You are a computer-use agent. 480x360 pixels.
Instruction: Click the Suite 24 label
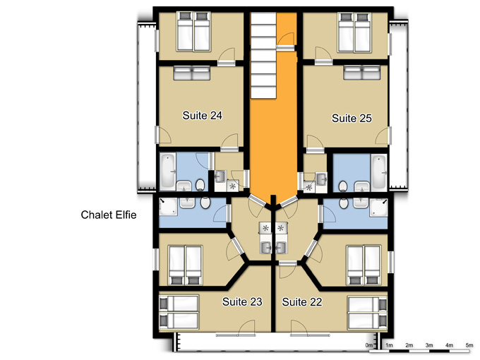[202, 115]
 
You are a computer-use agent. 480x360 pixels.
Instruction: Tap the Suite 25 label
[352, 118]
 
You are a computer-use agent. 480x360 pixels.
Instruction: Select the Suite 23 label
[242, 301]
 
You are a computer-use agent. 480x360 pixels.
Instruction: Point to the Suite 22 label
[302, 302]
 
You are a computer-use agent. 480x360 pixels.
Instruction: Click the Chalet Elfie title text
[109, 215]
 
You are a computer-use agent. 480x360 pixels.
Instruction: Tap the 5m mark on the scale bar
[469, 345]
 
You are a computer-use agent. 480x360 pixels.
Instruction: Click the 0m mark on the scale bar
[369, 345]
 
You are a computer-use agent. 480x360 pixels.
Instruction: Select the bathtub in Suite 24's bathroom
[168, 172]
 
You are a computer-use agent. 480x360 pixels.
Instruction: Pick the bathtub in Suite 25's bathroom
[379, 172]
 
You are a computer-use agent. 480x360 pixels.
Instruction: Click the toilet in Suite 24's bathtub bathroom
[200, 185]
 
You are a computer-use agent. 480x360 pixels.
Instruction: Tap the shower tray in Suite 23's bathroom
[168, 206]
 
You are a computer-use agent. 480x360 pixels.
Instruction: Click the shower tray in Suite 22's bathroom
[378, 208]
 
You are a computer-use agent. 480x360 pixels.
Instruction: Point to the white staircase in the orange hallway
[263, 55]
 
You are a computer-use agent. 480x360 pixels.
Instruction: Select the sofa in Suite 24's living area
[191, 73]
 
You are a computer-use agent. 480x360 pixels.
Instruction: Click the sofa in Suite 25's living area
[362, 73]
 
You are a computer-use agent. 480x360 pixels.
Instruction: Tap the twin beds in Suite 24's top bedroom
[193, 31]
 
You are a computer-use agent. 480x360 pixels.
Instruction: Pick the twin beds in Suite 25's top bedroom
[354, 32]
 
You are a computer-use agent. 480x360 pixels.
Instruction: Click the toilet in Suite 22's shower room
[344, 203]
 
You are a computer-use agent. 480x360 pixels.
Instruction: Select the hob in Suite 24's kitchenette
[233, 185]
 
